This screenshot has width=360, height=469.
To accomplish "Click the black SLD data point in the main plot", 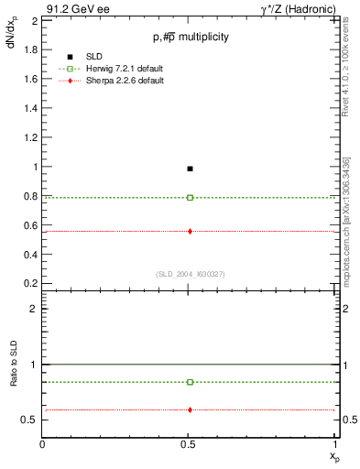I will (x=190, y=169).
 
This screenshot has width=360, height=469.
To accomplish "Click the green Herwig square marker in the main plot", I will (x=190, y=198).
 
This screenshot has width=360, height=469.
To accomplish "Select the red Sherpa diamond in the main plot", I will (x=190, y=231).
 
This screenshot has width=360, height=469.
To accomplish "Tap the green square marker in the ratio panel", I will (x=190, y=382).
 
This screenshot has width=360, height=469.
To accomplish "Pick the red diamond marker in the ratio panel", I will (x=190, y=409).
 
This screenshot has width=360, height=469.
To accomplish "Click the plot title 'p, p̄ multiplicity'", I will (x=191, y=37).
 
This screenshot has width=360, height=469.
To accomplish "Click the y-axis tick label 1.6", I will (x=30, y=79).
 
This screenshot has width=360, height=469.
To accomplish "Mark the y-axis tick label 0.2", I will (x=30, y=284).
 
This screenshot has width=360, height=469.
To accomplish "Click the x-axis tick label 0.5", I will (x=189, y=444).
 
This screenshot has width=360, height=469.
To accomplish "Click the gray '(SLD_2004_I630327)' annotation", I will (x=190, y=274).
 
